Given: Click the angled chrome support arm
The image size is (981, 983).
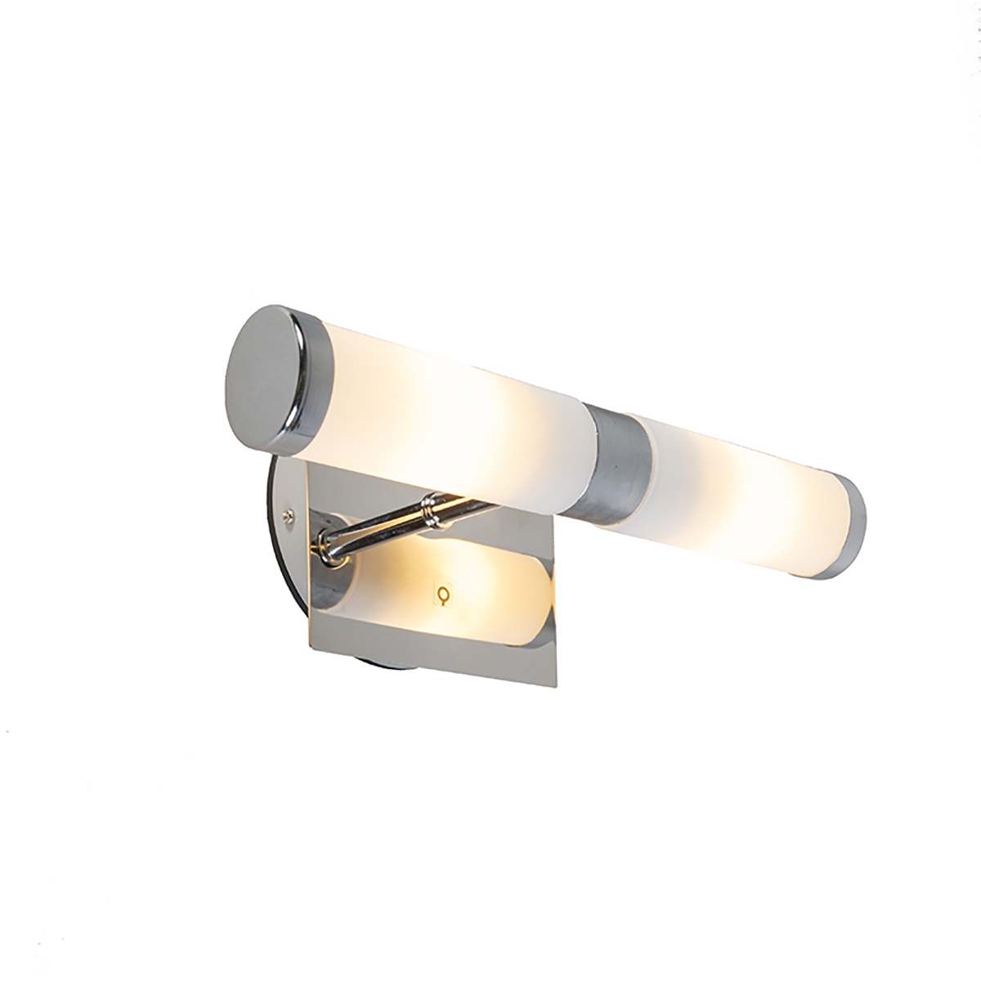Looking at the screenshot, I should (x=384, y=523).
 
